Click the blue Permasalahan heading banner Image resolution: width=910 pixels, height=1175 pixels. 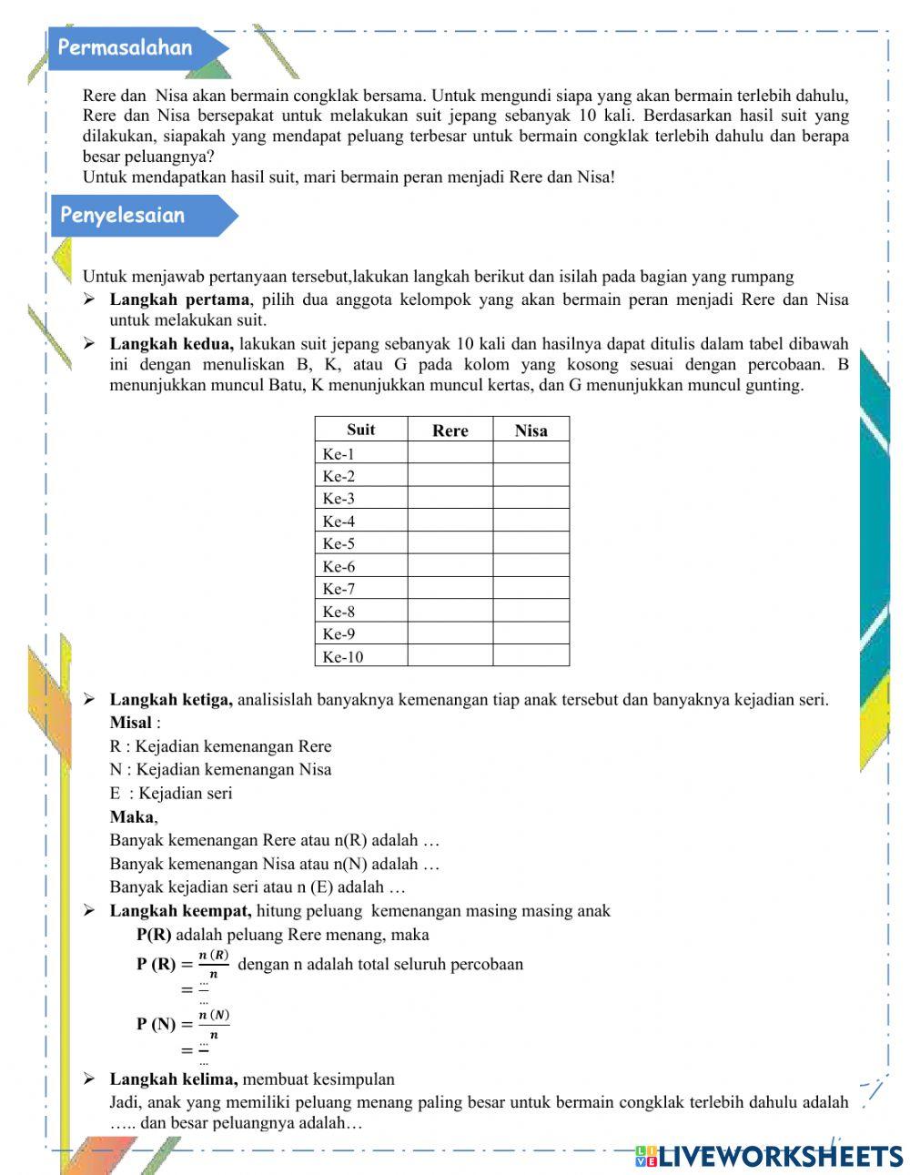tap(127, 48)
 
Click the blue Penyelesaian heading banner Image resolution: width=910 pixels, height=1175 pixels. tap(127, 216)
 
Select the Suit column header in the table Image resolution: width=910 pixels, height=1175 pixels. tap(360, 430)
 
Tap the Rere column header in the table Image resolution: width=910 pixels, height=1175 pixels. tap(450, 430)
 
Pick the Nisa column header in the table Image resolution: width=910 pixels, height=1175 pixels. tap(531, 430)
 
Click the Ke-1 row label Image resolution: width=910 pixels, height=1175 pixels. tap(339, 453)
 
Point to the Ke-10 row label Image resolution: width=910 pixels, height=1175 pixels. tap(342, 657)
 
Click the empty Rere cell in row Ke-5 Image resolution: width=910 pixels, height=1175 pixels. tap(450, 543)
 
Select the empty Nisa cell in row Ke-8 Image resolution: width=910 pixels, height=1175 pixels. tap(531, 612)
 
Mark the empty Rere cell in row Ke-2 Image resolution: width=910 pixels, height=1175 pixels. tap(450, 475)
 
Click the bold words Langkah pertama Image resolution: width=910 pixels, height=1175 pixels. tap(179, 299)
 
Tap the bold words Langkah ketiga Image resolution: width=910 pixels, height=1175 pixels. tap(171, 700)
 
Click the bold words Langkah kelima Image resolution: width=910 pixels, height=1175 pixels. tap(174, 1079)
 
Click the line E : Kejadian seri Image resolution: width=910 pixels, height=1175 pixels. tap(171, 793)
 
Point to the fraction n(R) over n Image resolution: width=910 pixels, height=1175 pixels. tap(213, 964)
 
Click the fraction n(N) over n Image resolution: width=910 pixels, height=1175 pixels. tap(214, 1024)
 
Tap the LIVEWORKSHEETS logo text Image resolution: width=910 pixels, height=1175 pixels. tap(778, 1156)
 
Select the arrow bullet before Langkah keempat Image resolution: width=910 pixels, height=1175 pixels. tap(89, 911)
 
